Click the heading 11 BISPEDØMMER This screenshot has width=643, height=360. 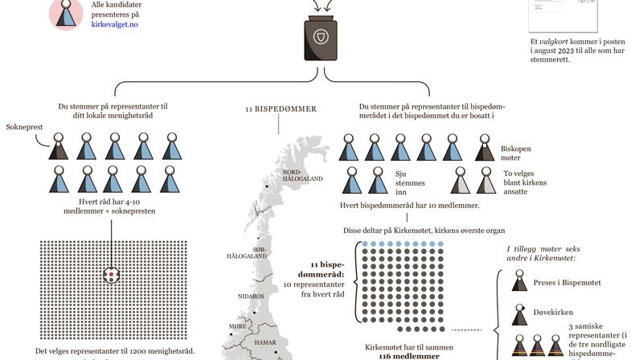point(281,108)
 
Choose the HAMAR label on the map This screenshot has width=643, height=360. point(264,342)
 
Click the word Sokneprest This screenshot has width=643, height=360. point(23,127)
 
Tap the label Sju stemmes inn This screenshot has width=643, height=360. point(409,182)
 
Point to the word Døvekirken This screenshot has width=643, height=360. point(554,312)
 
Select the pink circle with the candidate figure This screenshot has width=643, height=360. point(67,13)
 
